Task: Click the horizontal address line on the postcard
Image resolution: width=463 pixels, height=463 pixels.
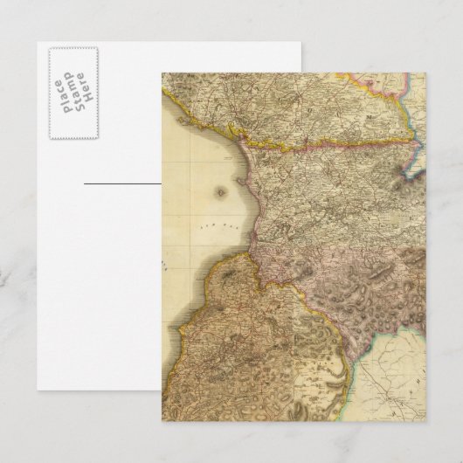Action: point(122,184)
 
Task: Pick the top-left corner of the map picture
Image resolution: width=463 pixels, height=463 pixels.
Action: point(162,74)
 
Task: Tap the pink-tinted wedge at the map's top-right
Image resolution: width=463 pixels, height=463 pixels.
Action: point(384,83)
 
